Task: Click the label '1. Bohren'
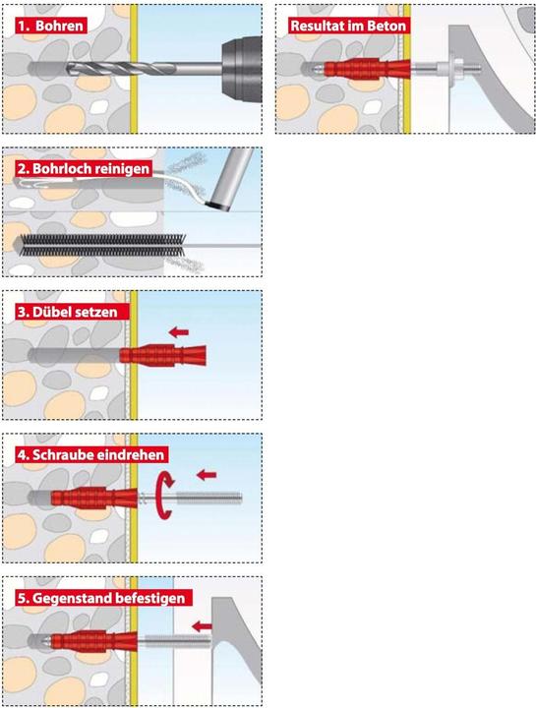click(50, 26)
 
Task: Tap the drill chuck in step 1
click(242, 70)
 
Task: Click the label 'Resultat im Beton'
click(348, 26)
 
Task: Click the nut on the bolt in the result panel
click(453, 69)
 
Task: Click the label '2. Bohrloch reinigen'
click(84, 168)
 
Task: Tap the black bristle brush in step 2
click(102, 245)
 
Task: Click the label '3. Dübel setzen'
click(67, 312)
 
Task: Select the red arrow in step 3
click(179, 332)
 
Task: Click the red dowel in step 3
click(162, 355)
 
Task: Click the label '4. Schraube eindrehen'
click(91, 454)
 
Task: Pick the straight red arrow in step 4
click(207, 475)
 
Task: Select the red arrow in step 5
click(202, 626)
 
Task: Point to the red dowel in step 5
click(94, 641)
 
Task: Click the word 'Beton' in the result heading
click(388, 26)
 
